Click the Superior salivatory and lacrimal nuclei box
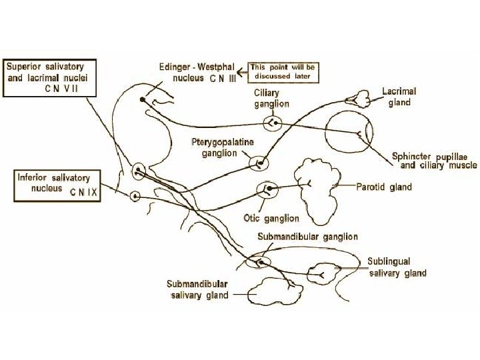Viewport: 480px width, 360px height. tap(51, 78)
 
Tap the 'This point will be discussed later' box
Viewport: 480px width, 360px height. tap(284, 72)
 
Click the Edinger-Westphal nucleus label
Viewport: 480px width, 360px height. tap(203, 72)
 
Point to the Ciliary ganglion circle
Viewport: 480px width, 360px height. tap(273, 123)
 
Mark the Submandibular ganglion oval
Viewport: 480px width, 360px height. tap(257, 261)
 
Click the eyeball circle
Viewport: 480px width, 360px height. tap(352, 136)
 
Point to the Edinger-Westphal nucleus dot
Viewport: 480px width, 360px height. tap(142, 100)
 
